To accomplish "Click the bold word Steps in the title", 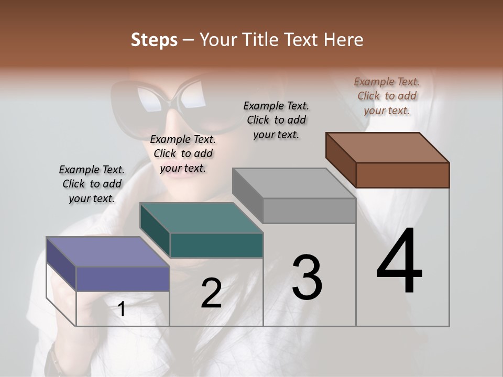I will pyautogui.click(x=154, y=40).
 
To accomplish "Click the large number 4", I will pyautogui.click(x=399, y=262).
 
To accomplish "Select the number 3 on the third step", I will pyautogui.click(x=307, y=278).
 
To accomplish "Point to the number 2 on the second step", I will pyautogui.click(x=211, y=293).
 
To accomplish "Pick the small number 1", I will pyautogui.click(x=122, y=309).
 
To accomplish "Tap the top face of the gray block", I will pyautogui.click(x=293, y=183).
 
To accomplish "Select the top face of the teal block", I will pyautogui.click(x=201, y=218).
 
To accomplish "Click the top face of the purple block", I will pyautogui.click(x=108, y=252).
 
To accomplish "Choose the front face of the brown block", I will pyautogui.click(x=402, y=175).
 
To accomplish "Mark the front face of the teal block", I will pyautogui.click(x=216, y=245).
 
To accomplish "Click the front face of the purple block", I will pyautogui.click(x=123, y=279).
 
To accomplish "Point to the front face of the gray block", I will pyautogui.click(x=309, y=210).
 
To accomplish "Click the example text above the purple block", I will pyautogui.click(x=92, y=184).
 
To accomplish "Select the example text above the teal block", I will pyautogui.click(x=183, y=153).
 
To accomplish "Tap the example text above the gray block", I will pyautogui.click(x=276, y=120).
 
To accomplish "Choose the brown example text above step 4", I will pyautogui.click(x=387, y=96).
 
